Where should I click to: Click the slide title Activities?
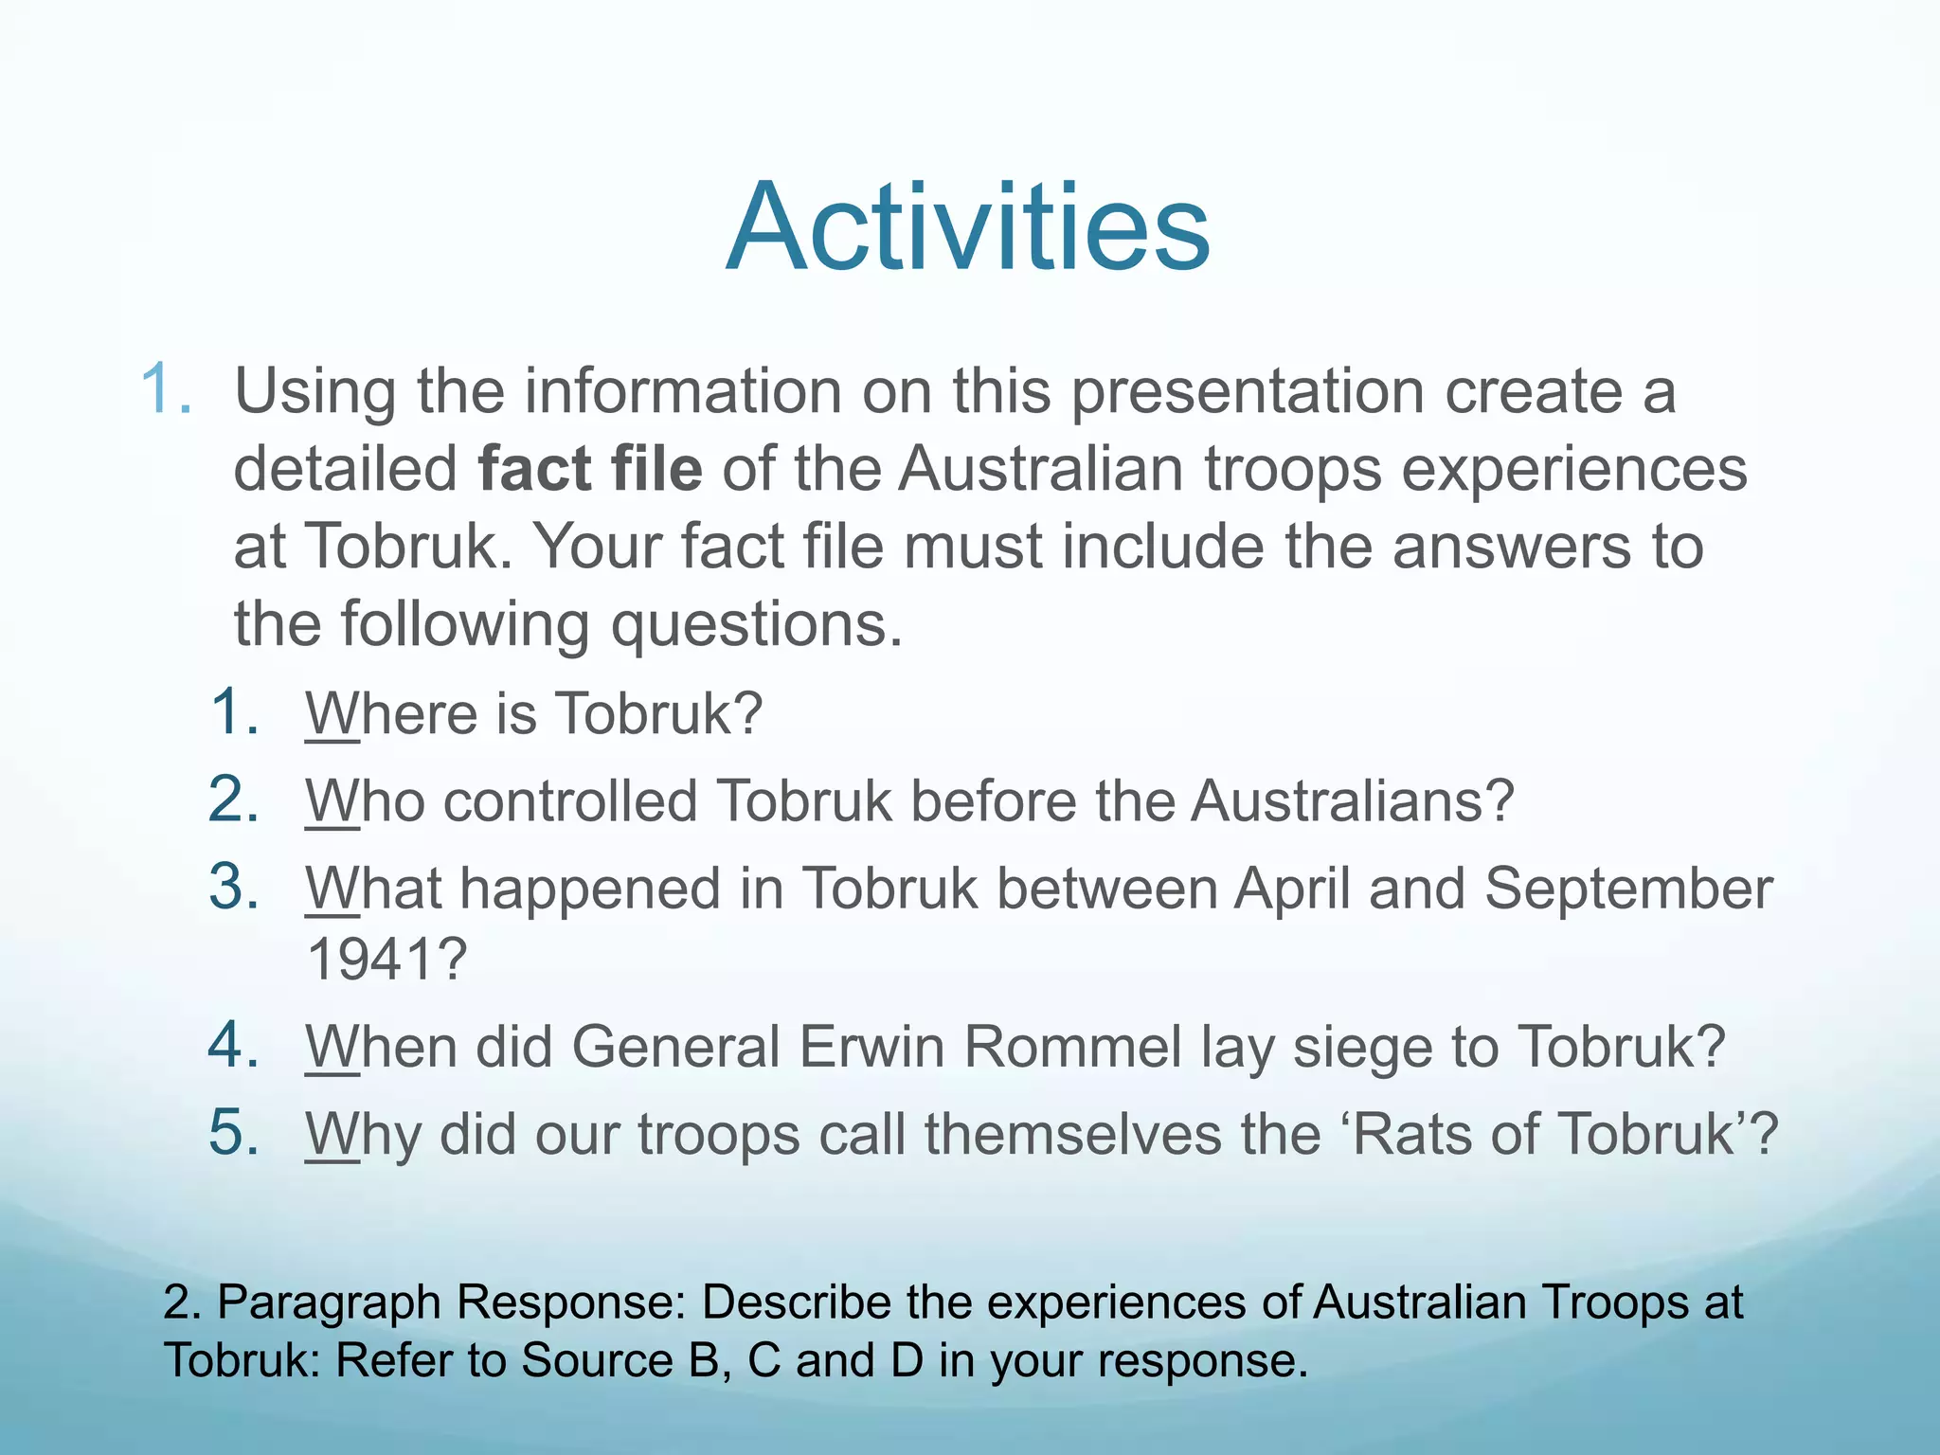point(968,228)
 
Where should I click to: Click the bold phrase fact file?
point(590,469)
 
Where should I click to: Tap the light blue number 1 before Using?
point(166,389)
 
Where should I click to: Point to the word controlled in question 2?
point(570,801)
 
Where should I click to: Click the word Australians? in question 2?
point(1353,801)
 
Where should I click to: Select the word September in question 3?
point(1627,889)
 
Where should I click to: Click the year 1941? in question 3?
point(387,960)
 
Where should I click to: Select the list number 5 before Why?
point(233,1133)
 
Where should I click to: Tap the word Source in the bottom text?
point(597,1360)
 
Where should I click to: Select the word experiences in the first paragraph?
point(1573,469)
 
